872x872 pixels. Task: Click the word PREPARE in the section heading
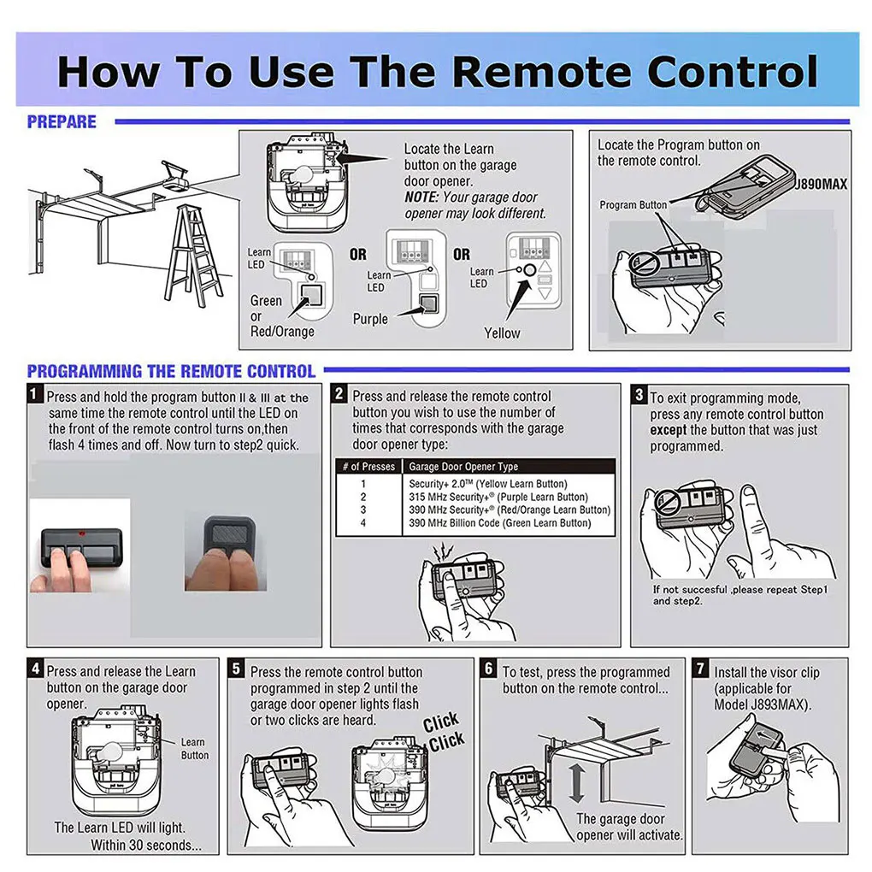coord(62,121)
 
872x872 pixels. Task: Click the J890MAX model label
coord(821,184)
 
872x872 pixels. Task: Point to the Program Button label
coord(633,204)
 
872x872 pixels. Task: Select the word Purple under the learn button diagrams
coord(370,319)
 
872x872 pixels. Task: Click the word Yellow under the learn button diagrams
coord(502,333)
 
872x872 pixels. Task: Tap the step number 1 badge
coord(34,394)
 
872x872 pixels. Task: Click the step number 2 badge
coord(339,394)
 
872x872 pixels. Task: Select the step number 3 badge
coord(639,395)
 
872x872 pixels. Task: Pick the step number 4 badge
coord(35,668)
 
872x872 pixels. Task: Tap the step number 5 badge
coord(236,668)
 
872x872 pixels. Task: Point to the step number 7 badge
coord(700,668)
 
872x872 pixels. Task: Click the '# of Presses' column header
coord(368,467)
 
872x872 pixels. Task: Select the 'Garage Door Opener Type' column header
coord(463,467)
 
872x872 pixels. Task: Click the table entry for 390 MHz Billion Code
coord(499,523)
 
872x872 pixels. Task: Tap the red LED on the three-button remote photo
coord(82,533)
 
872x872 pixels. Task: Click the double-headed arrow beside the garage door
coord(577,783)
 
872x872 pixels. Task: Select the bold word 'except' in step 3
coord(668,430)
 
